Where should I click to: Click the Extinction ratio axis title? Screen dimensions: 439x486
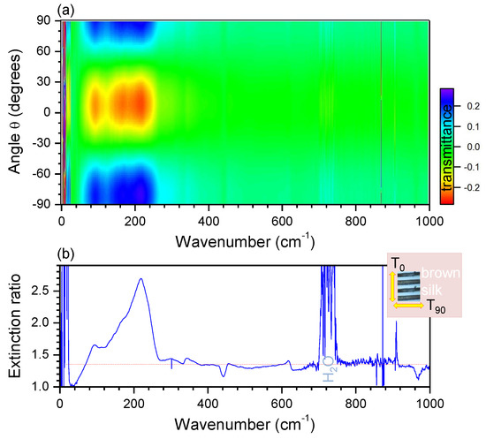coord(12,326)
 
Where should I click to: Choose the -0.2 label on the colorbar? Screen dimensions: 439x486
coord(474,186)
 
